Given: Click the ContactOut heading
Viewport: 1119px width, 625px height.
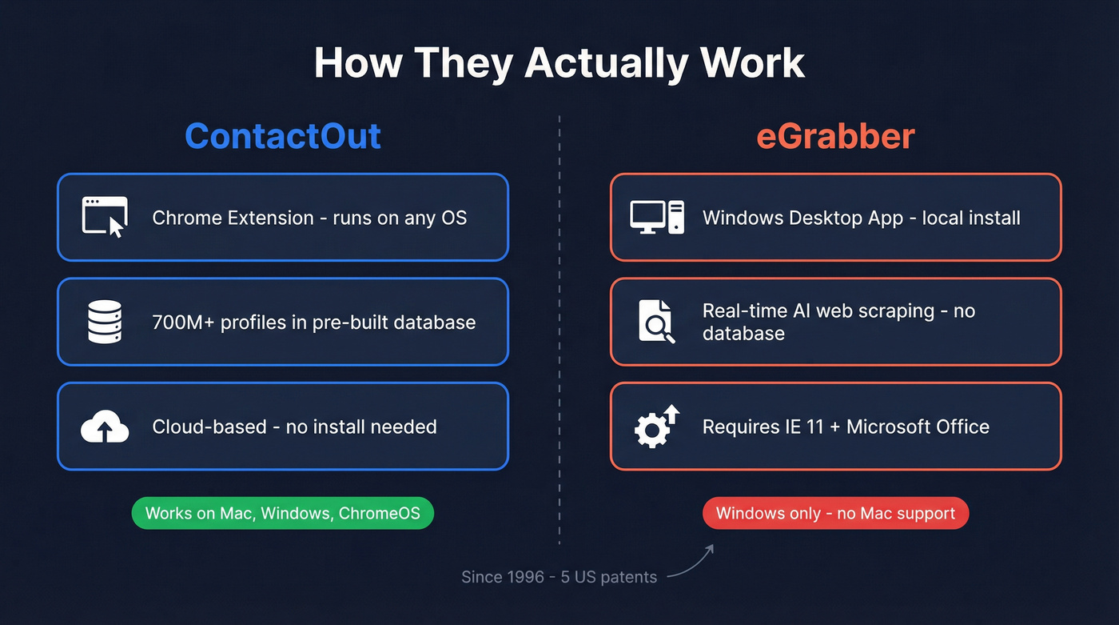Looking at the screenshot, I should tap(283, 136).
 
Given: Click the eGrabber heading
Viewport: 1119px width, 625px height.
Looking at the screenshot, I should tap(835, 136).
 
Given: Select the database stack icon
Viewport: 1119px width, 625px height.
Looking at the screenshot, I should tap(105, 322).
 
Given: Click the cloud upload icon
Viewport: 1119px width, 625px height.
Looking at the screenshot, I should tap(105, 427).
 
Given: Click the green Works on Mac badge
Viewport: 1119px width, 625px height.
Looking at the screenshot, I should tap(283, 513).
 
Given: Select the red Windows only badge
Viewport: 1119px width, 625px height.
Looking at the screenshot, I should tap(835, 513).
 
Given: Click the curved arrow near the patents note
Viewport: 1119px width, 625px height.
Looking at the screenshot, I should tap(691, 562).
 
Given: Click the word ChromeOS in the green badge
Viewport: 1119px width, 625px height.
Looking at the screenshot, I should tap(379, 513).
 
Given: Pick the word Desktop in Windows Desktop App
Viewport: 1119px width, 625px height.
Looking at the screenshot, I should tap(822, 218).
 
